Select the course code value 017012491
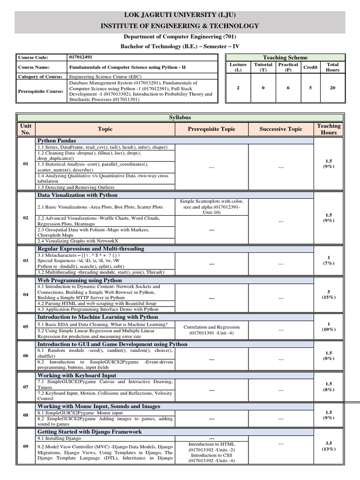81,57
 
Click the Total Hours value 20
332,87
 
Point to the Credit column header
310,67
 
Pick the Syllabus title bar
180,117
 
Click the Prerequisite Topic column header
211,129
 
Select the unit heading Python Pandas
57,141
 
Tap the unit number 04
26,294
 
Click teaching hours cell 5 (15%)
328,294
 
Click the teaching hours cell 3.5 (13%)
328,446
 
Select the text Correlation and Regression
211,327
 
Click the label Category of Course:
40,76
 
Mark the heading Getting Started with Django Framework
90,432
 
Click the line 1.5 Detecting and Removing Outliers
75,187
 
